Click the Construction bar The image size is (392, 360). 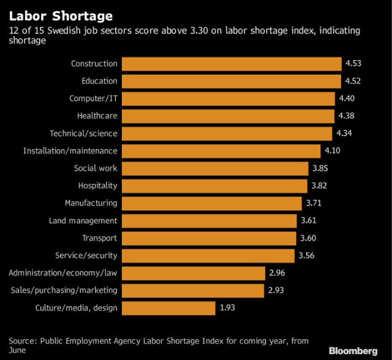pos(231,63)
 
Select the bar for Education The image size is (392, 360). pos(231,81)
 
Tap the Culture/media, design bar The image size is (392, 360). pos(169,307)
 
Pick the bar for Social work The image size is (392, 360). pos(215,168)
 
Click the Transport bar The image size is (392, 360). pos(209,238)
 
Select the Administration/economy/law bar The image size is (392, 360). pos(194,273)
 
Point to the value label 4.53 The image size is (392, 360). pos(353,64)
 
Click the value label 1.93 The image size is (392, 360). pos(227,308)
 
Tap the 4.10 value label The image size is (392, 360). pos(332,151)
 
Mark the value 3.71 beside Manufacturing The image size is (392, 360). pos(315,203)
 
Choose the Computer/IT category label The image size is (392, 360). pos(93,98)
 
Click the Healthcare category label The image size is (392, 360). pos(97,116)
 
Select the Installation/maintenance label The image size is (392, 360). pos(70,150)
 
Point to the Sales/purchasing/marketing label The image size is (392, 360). pos(64,290)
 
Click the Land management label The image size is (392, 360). pos(83,220)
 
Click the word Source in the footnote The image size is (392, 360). pos(22,341)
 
